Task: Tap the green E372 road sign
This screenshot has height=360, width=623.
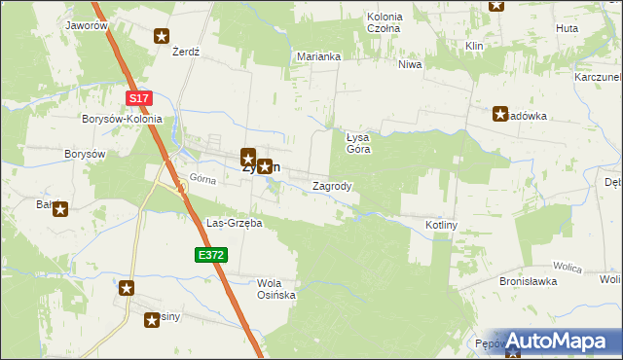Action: point(210,255)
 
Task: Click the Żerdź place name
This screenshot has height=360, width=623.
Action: point(185,52)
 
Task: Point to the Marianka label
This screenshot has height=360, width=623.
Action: point(318,56)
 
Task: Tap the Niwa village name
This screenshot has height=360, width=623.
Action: point(410,65)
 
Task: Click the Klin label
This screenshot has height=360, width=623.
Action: point(475,46)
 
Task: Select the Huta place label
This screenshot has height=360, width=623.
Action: point(567,28)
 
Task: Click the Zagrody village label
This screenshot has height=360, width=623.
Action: point(332,185)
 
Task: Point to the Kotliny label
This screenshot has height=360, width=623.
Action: point(441,225)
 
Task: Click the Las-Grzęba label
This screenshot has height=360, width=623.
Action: point(235,223)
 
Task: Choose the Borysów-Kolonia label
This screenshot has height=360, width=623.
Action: point(122,119)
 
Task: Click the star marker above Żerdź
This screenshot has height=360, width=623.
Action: point(162,36)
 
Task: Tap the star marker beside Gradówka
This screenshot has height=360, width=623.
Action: point(501,114)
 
